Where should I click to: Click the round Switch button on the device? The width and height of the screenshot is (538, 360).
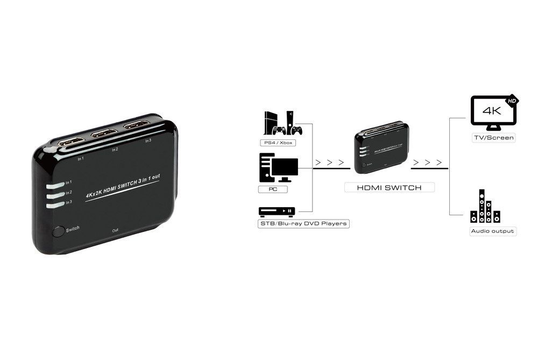point(58,232)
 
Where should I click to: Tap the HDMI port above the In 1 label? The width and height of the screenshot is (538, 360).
point(72,143)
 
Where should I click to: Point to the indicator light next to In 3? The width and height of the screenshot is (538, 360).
point(55,204)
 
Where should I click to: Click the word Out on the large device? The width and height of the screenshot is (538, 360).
point(115,230)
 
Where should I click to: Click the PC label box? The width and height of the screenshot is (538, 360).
point(273,189)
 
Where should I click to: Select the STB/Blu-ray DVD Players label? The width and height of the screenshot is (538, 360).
point(303,223)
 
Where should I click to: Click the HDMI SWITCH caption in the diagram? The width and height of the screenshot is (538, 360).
point(389,188)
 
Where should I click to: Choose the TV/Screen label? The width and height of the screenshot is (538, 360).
point(493,138)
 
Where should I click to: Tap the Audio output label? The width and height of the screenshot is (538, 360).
point(493,231)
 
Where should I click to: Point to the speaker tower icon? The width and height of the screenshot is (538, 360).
point(485,207)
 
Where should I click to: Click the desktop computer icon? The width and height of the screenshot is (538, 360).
point(278,167)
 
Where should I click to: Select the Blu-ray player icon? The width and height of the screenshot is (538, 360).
point(277,211)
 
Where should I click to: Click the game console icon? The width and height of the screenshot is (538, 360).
point(282,123)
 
